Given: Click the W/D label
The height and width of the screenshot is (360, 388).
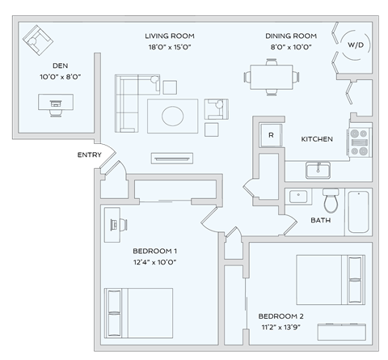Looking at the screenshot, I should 356,46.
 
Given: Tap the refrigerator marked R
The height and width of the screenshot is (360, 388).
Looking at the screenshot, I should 271,135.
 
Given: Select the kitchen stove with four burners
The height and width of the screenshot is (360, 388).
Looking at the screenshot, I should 359,142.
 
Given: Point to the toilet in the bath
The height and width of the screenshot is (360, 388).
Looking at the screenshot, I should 330,199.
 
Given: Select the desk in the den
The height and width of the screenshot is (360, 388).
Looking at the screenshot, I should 56,103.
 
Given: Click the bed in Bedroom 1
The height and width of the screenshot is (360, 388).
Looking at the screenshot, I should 137,311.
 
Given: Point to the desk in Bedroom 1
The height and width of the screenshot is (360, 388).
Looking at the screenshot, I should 112,222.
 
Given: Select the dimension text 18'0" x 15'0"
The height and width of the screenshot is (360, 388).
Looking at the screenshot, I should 170,47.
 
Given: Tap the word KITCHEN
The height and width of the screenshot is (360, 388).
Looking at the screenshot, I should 317,139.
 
